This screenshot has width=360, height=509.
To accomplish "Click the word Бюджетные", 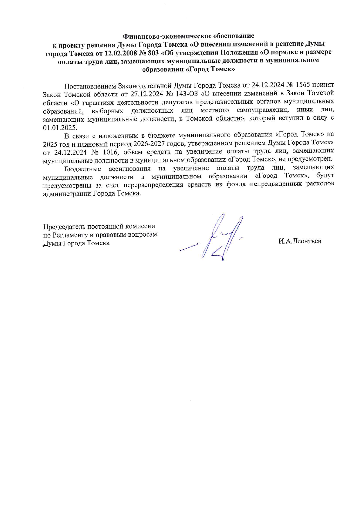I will click(x=83, y=168).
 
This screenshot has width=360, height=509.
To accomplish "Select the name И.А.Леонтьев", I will click(x=300, y=241).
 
